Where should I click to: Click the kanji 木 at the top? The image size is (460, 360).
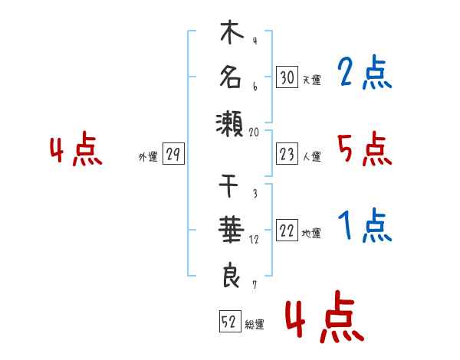pos(232,31)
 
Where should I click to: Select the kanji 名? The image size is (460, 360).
pos(231,77)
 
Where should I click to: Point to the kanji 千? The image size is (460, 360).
pos(228,186)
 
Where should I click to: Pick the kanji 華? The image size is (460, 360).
pos(232,229)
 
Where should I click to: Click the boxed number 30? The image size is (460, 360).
pos(287,77)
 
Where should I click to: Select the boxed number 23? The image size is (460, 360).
pos(287,154)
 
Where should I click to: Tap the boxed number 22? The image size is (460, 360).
pos(287,230)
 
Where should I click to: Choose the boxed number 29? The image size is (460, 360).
pos(173,154)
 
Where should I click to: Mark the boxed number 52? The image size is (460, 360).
pos(230,321)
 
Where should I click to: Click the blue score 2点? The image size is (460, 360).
pos(365,72)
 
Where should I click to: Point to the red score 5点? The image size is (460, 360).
pos(365,149)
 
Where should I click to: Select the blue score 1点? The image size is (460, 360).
pos(365,225)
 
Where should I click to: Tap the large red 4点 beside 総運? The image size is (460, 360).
pos(325,316)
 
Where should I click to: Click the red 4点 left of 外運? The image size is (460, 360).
pos(76,149)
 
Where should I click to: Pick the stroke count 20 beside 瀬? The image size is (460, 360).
pos(254,133)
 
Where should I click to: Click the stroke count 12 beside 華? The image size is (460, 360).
pos(254,240)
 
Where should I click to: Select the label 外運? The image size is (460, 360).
pos(148,156)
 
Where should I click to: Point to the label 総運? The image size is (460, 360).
pos(255,324)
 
